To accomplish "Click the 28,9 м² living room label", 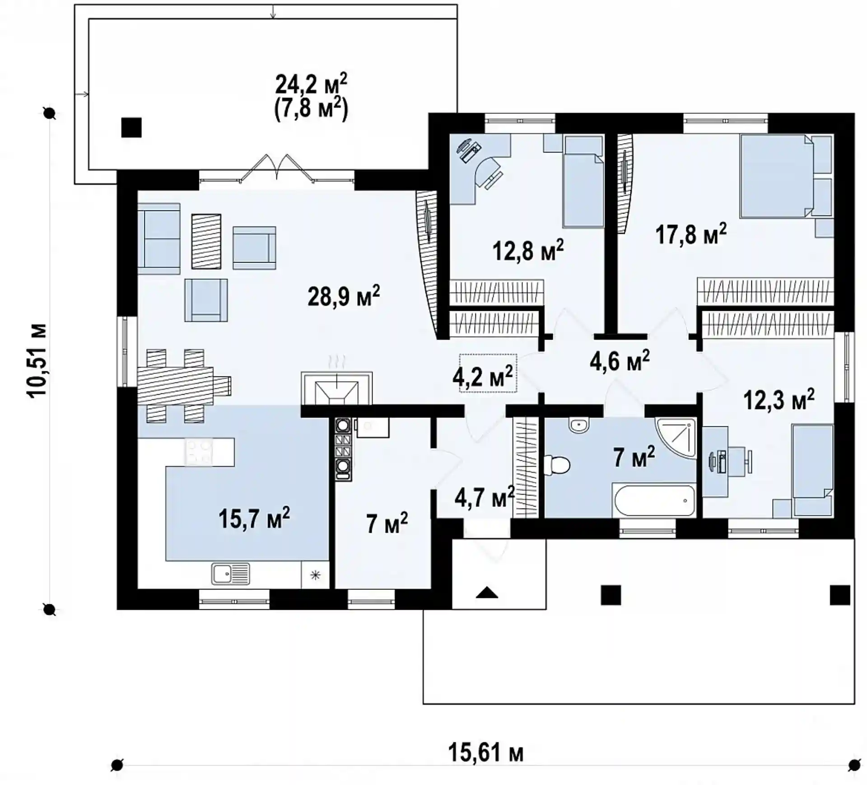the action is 344,296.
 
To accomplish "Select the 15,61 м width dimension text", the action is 485,753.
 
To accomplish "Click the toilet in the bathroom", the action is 557,465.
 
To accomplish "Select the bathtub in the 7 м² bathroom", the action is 653,500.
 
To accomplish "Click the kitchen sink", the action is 230,574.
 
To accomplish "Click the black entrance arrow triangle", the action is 487,592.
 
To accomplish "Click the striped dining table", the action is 176,386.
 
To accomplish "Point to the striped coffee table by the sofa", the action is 206,242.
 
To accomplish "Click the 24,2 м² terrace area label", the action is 311,84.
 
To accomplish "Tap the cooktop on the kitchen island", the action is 199,452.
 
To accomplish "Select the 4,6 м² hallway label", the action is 620,361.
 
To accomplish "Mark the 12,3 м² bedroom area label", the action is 779,400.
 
